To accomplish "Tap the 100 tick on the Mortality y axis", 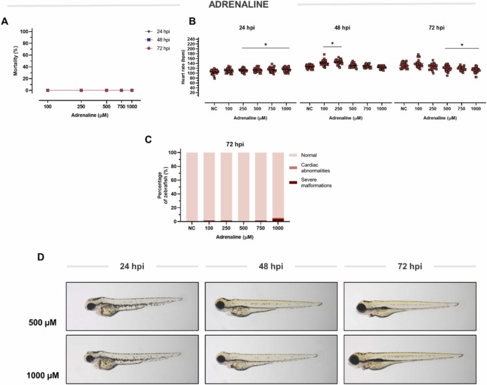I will [24, 31].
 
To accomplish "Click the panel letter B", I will [192, 21].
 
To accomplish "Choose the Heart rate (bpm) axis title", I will [192, 67].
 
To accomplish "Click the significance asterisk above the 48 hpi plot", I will [332, 43].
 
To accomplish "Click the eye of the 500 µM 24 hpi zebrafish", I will [91, 306].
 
